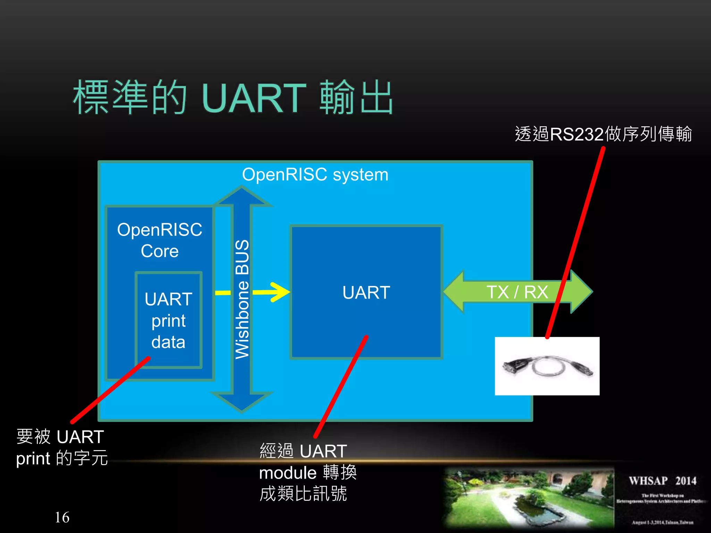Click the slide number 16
[x=62, y=517]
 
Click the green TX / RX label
[x=517, y=292]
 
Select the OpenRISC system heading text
[x=315, y=175]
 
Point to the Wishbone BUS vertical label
[x=242, y=299]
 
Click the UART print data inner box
[x=168, y=320]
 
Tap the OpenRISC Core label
[x=160, y=240]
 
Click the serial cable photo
[x=547, y=366]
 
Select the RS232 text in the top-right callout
[x=577, y=134]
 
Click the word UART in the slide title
[x=253, y=99]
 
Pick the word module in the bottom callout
[x=288, y=473]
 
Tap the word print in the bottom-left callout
[x=33, y=459]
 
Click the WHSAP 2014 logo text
[x=662, y=481]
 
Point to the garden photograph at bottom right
[x=529, y=498]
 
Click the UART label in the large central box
[x=366, y=292]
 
